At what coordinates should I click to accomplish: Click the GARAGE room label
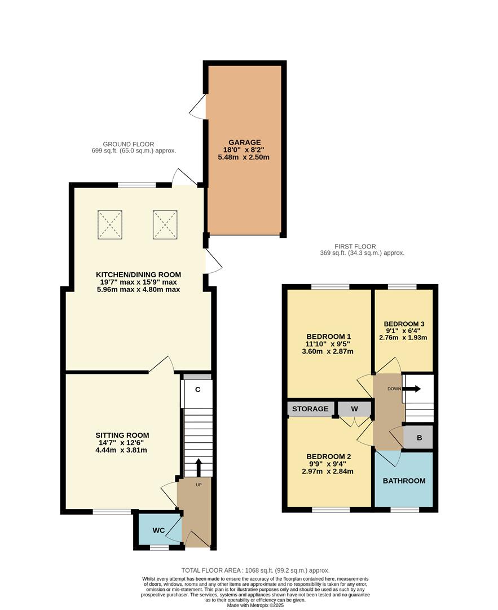(x=245, y=142)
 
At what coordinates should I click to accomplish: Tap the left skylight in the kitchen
(x=110, y=224)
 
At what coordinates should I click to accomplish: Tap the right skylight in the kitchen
(x=165, y=224)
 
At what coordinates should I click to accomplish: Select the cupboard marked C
(x=198, y=389)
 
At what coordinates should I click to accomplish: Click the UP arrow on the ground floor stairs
(x=199, y=468)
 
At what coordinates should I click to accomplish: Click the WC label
(x=159, y=530)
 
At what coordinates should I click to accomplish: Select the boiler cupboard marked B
(x=420, y=437)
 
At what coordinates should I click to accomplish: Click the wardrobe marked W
(x=355, y=409)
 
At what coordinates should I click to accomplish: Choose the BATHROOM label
(x=404, y=481)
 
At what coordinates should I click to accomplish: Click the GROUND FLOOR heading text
(x=128, y=145)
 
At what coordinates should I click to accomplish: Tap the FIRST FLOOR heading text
(x=355, y=247)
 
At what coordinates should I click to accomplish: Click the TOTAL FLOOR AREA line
(x=255, y=570)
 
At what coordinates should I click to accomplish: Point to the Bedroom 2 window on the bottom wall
(x=330, y=510)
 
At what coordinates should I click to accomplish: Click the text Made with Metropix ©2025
(x=255, y=605)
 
